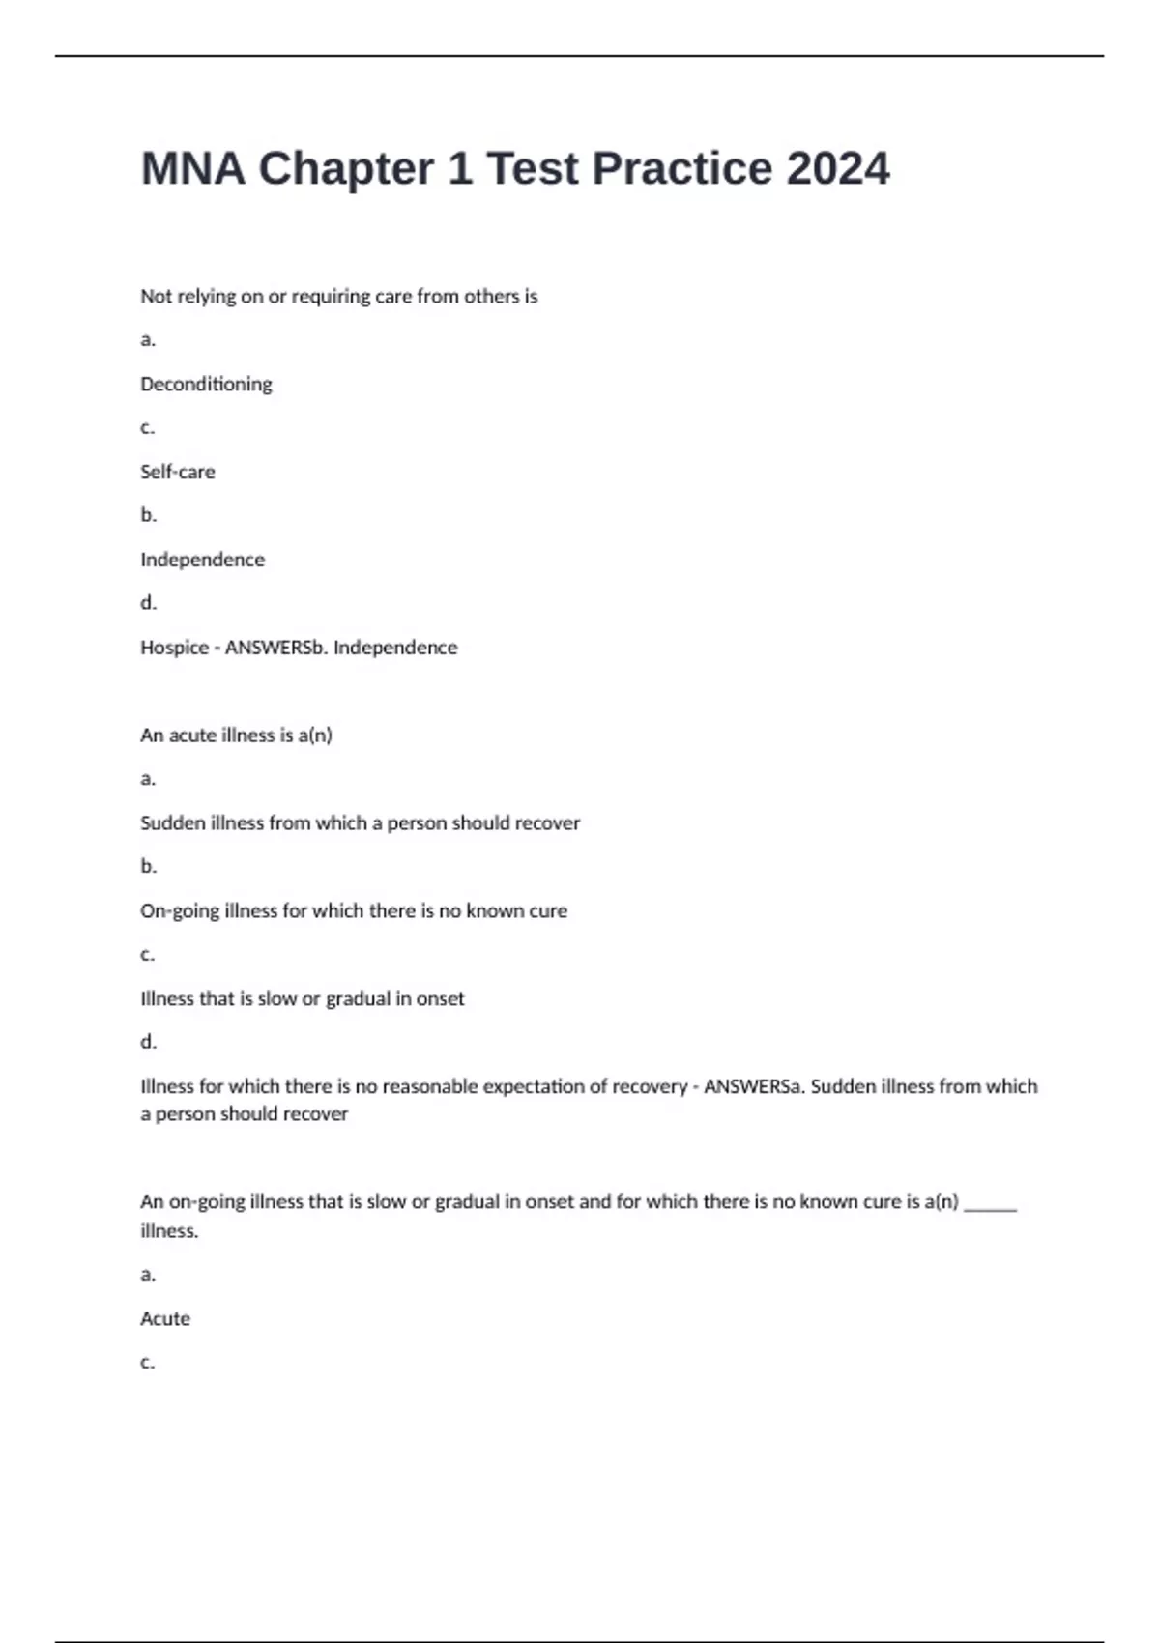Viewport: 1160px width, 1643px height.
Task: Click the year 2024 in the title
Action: tap(837, 169)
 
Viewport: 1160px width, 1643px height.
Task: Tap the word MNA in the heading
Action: tap(193, 169)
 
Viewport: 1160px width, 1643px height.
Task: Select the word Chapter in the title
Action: tap(345, 169)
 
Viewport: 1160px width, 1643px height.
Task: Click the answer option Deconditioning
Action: tap(206, 384)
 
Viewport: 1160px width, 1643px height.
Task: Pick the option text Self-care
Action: tap(178, 472)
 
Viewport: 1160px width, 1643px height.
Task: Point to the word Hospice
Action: tap(174, 648)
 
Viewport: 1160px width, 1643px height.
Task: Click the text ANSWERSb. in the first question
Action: tap(275, 648)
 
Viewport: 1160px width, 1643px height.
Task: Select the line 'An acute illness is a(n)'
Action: tap(236, 735)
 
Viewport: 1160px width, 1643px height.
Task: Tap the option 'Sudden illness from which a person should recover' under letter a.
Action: tap(360, 823)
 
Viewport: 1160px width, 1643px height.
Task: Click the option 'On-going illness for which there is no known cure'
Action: tap(354, 911)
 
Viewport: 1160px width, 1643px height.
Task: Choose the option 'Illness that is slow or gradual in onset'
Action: tap(302, 998)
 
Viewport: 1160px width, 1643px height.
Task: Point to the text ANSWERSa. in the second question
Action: tap(754, 1086)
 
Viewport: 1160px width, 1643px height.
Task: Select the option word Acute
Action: tap(165, 1319)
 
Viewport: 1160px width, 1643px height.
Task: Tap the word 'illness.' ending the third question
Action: tap(169, 1231)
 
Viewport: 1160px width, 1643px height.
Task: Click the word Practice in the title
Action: tap(681, 169)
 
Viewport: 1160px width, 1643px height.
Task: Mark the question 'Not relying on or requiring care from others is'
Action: tap(338, 297)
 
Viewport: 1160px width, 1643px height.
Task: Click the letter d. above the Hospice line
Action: tap(148, 603)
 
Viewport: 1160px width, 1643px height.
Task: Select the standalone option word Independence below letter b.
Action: tap(202, 560)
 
